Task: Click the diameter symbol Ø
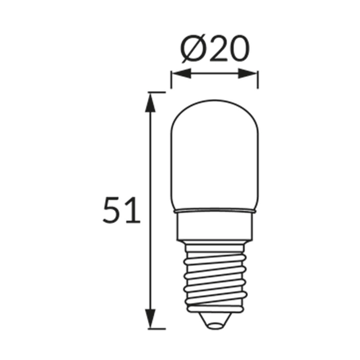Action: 193,50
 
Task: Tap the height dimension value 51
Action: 121,211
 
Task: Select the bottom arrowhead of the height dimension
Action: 151,319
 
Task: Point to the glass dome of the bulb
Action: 214,156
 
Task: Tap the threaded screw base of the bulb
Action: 214,276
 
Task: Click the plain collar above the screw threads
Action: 214,228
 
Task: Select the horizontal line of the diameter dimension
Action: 214,74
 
